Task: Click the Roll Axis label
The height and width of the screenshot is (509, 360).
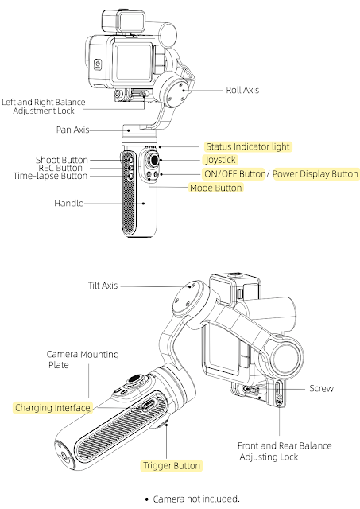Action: (242, 90)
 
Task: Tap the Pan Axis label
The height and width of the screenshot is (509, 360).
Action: (72, 130)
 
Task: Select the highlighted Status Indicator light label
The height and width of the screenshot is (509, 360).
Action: (248, 146)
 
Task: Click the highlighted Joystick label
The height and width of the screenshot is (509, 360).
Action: (221, 160)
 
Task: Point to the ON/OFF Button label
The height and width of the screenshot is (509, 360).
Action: (234, 174)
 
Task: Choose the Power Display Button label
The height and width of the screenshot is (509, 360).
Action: (315, 174)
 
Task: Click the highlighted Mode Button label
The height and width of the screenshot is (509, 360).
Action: (215, 188)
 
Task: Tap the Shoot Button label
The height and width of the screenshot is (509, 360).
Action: (62, 160)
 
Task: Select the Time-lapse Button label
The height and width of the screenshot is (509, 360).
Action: (50, 176)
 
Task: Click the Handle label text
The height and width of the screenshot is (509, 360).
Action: (69, 204)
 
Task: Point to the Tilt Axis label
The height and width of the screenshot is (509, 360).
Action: (103, 286)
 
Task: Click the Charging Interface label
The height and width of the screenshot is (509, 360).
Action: (52, 408)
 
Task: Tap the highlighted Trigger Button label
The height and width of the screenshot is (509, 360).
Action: (172, 466)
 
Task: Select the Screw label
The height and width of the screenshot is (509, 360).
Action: (321, 388)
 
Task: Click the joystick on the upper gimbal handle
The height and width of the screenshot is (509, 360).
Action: (153, 160)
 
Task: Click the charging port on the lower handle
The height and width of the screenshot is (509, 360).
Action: (149, 405)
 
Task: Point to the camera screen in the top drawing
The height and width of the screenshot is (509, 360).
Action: (134, 62)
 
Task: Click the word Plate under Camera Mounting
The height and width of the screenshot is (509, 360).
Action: (59, 365)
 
